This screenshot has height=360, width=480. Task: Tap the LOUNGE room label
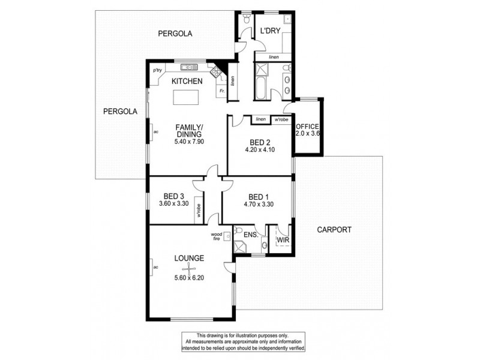point(190,258)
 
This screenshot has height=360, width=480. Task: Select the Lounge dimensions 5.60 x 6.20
point(190,277)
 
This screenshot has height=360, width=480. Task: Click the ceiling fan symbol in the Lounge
point(190,268)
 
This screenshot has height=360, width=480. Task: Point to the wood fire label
point(216,236)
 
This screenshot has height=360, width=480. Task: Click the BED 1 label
point(259,195)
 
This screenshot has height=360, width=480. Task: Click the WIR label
point(283,241)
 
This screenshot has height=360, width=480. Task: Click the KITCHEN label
point(187,81)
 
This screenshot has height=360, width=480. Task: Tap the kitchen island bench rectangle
point(187,97)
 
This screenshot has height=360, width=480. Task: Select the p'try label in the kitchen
point(158,71)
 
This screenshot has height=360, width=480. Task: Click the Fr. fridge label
point(221,91)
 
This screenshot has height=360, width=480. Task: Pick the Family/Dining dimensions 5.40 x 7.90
point(190,142)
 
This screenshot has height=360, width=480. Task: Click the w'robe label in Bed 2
point(280,119)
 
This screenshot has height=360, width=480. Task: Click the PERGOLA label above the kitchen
point(175,34)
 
